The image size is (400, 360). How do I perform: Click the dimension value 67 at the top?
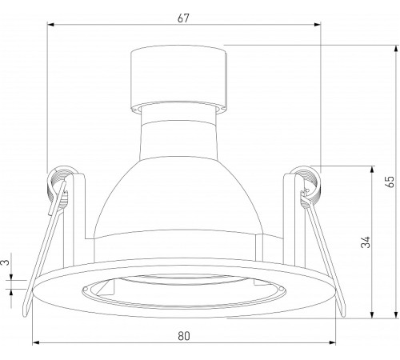(183, 18)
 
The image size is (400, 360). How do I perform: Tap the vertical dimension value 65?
(390, 182)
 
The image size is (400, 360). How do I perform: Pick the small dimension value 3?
(7, 261)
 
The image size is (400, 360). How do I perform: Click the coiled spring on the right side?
(306, 182)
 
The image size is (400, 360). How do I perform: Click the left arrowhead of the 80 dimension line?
(34, 345)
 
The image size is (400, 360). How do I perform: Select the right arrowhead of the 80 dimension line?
(334, 345)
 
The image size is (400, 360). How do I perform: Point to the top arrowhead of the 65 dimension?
(398, 46)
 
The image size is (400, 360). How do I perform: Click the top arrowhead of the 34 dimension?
(371, 170)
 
